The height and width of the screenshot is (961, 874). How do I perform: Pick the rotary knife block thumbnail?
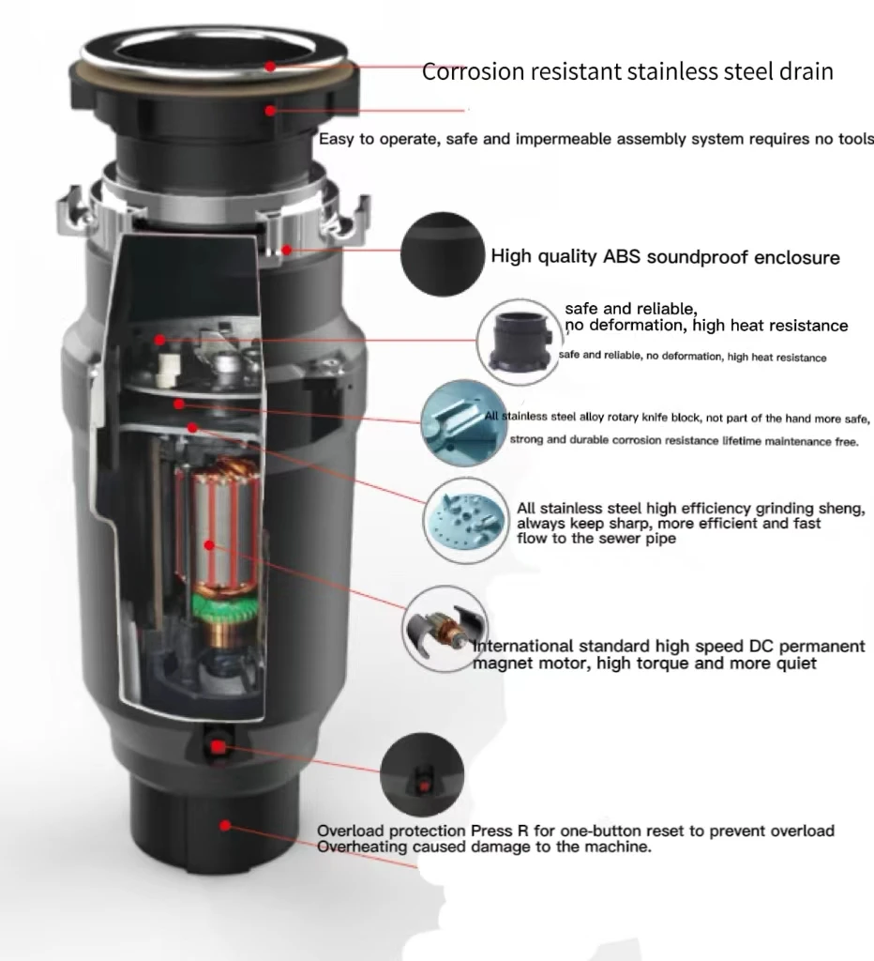point(457,424)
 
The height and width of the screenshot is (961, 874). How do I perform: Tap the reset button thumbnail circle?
point(422,775)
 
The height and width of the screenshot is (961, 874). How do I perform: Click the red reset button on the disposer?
point(218,747)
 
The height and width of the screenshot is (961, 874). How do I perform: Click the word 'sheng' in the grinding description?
point(842,509)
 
